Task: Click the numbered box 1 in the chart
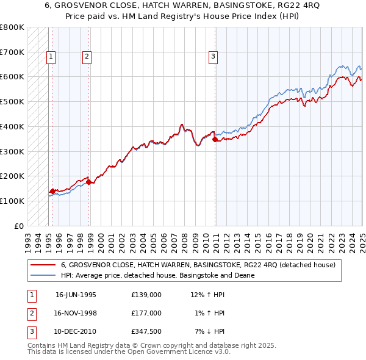tap(51, 57)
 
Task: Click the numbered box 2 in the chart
tap(87, 57)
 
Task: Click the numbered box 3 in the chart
tap(213, 57)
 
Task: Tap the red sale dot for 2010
tap(215, 140)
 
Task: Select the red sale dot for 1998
tap(89, 182)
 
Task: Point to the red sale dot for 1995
tap(52, 191)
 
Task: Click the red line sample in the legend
tap(43, 265)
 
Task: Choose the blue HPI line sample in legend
tap(43, 275)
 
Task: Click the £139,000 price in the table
tap(146, 295)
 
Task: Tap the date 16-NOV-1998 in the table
tap(76, 313)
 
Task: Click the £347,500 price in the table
tap(146, 331)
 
